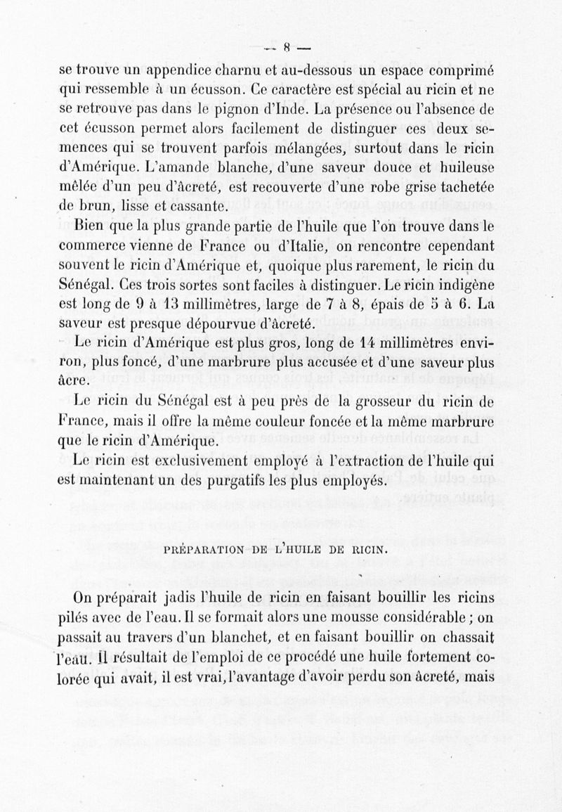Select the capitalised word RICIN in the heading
pos(370,548)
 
